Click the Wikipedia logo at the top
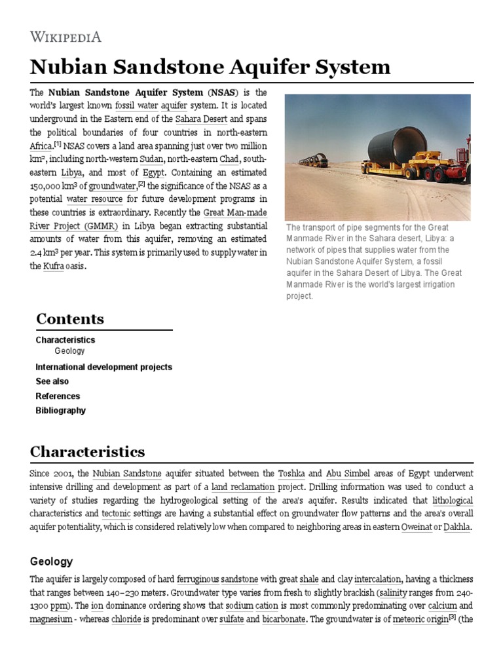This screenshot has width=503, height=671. pos(65,37)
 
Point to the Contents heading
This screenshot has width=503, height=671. pos(70,319)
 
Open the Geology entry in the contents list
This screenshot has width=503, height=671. pos(69,351)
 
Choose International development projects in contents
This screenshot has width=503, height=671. pos(103,367)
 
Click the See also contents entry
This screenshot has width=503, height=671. pos(52,381)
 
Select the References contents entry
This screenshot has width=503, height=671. pos(58,396)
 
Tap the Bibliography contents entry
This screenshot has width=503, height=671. pos(60,410)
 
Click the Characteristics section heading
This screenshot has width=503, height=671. pos(87,452)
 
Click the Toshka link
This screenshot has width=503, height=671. pos(291,473)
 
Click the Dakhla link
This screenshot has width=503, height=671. pos(456,527)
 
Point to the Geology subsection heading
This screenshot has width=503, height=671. pos(52,562)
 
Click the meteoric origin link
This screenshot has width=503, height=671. pos(419,619)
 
